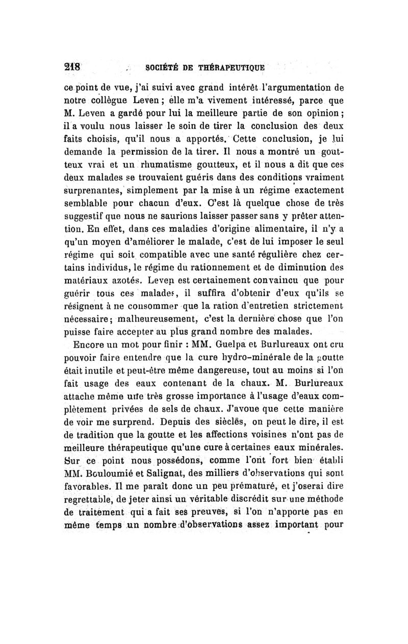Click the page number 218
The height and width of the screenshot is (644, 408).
[x=82, y=66]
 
